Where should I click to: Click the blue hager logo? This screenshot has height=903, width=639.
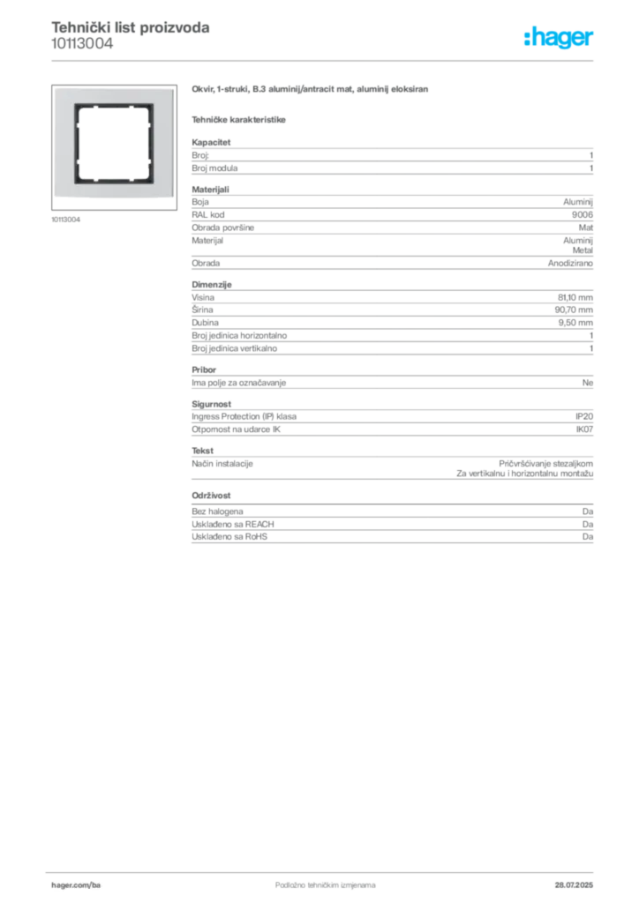click(560, 38)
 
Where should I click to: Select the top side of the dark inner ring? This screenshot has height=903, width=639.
click(107, 106)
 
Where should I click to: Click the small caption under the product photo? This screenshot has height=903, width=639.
click(67, 218)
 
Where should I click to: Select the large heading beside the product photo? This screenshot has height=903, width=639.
click(310, 90)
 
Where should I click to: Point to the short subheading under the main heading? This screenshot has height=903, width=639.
click(240, 118)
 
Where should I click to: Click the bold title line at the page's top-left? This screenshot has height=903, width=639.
click(131, 27)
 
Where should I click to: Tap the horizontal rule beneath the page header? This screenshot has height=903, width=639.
click(325, 59)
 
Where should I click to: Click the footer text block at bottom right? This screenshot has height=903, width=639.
click(579, 881)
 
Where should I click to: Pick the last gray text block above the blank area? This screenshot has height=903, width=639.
click(391, 529)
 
